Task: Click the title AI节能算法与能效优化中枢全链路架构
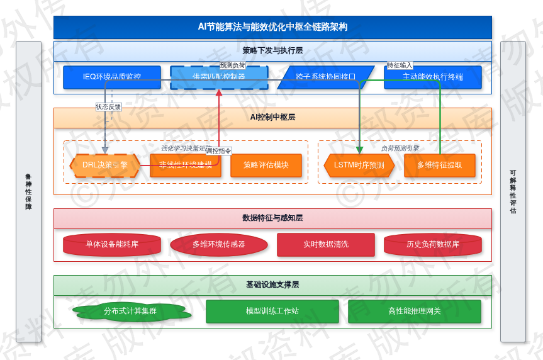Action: (x=272, y=27)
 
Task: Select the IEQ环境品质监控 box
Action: (x=112, y=77)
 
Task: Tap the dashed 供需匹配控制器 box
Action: (x=219, y=77)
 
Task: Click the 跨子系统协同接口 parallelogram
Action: (x=325, y=77)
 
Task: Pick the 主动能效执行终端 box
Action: (x=432, y=77)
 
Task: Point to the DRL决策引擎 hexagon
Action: (x=104, y=166)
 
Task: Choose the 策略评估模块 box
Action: (x=266, y=166)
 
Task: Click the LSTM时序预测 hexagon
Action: (x=359, y=166)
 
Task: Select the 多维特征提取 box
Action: (x=439, y=166)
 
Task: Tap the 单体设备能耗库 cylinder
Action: (x=112, y=245)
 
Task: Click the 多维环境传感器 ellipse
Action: (x=219, y=245)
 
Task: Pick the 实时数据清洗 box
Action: (x=325, y=245)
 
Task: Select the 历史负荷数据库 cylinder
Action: (x=432, y=245)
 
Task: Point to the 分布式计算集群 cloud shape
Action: (x=130, y=311)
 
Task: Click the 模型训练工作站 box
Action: (x=272, y=311)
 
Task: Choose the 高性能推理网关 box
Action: (x=414, y=311)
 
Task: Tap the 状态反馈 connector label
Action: (x=108, y=107)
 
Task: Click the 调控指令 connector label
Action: (x=218, y=151)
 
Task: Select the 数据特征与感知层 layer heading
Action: (x=272, y=218)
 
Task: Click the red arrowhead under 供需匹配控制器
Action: (x=219, y=93)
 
